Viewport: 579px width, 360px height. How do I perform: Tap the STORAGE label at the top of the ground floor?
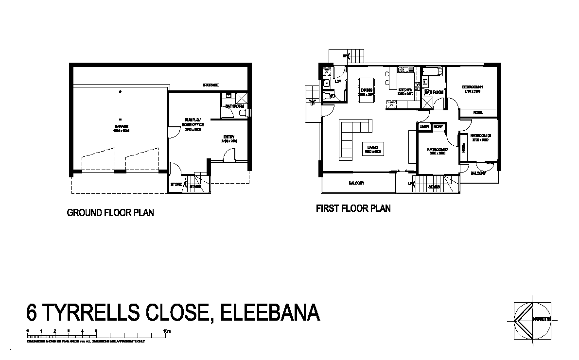(211, 85)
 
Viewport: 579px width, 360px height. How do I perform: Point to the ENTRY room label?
(229, 138)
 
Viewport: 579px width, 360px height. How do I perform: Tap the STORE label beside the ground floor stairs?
(175, 185)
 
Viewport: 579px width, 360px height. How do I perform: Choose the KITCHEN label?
(405, 91)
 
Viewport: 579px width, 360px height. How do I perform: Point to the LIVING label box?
(373, 149)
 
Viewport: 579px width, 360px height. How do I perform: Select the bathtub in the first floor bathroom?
(433, 72)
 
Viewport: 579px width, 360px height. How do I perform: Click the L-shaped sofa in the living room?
(352, 138)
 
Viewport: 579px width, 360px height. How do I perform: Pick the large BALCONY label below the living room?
(356, 183)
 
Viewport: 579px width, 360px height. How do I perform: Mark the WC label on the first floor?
(332, 96)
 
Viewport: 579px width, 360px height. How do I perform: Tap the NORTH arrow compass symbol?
(532, 319)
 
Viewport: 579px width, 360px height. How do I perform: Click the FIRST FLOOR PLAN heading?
(353, 209)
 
